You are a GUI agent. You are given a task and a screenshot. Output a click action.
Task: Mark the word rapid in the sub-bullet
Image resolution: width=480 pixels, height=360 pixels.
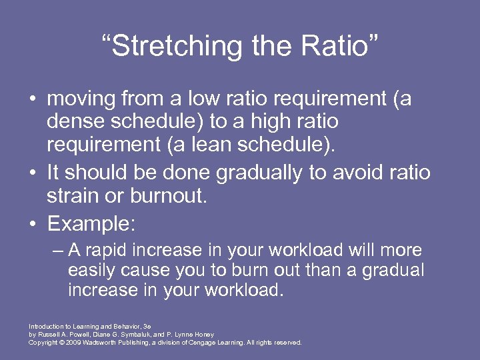tap(105, 251)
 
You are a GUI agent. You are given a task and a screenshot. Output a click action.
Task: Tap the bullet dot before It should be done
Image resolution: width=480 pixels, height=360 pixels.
tap(32, 173)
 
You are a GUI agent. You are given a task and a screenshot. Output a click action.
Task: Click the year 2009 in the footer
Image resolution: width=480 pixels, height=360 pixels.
tap(70, 343)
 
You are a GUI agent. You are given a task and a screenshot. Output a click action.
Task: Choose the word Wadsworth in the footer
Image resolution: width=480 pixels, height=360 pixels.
tap(99, 343)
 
